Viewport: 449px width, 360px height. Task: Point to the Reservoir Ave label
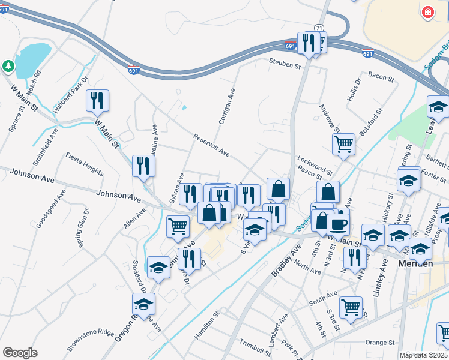211,145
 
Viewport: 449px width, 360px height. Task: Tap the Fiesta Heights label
85,162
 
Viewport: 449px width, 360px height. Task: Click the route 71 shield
318,28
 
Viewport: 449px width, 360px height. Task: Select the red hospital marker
427,11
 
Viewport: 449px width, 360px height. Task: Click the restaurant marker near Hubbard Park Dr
97,100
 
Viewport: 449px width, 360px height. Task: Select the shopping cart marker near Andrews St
343,144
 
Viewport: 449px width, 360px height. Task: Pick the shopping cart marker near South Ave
351,307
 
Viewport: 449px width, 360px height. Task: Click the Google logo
20,352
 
